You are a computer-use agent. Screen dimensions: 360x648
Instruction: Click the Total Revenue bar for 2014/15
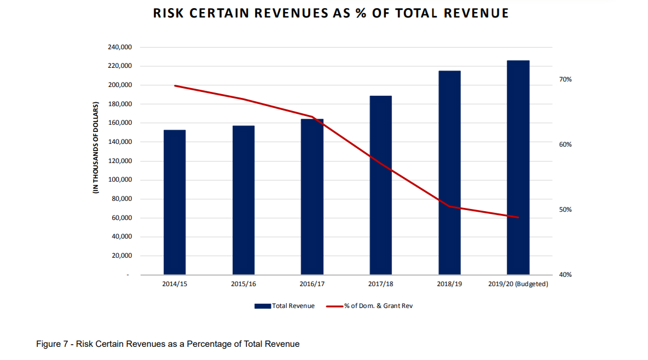point(175,202)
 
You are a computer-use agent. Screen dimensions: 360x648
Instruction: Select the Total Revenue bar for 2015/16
point(244,200)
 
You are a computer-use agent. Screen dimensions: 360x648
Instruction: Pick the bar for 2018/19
point(449,172)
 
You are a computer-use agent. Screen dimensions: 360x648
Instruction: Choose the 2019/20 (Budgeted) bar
point(518,167)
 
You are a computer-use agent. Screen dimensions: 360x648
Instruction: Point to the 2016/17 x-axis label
point(312,284)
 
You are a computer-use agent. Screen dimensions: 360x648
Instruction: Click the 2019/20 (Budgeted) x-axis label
point(518,284)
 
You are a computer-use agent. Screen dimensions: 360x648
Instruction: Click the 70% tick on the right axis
point(565,79)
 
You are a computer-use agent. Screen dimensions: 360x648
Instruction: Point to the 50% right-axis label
point(565,210)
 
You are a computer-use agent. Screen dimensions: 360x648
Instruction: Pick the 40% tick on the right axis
point(565,275)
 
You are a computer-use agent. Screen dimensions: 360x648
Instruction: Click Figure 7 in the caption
point(53,344)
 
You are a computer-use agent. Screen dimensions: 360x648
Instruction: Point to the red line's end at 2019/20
point(518,217)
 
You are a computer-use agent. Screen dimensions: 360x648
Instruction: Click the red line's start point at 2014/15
point(175,85)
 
